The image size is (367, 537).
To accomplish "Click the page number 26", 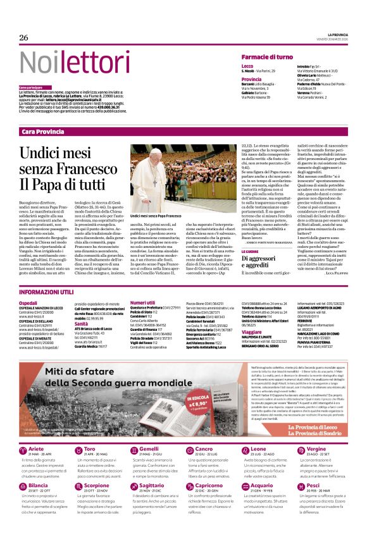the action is click(24, 38).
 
